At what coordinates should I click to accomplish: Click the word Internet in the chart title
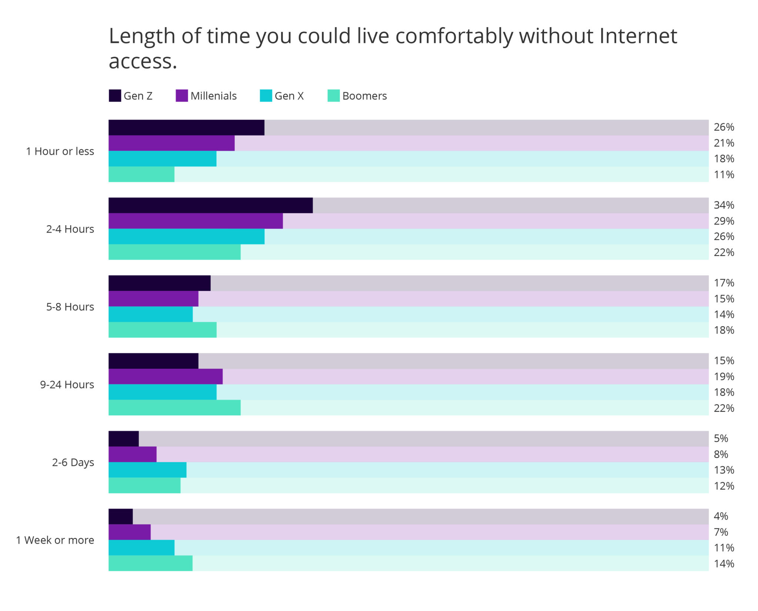click(638, 36)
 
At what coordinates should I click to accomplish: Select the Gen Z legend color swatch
click(115, 96)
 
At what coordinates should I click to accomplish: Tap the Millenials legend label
click(213, 96)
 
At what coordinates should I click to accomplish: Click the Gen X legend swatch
click(266, 96)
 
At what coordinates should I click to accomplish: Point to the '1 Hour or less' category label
click(60, 151)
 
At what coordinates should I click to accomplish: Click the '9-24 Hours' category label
click(67, 384)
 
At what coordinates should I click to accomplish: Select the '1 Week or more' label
click(55, 540)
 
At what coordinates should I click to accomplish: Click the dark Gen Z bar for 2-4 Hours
click(210, 205)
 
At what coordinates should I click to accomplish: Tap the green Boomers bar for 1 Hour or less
click(141, 174)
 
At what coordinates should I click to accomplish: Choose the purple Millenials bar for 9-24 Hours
click(165, 376)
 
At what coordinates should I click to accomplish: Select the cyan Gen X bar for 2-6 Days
click(147, 470)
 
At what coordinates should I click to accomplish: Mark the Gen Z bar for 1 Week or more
click(121, 516)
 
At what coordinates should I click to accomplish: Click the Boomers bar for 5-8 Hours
click(162, 330)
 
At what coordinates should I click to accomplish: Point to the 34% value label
click(724, 205)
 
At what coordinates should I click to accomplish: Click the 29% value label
click(724, 221)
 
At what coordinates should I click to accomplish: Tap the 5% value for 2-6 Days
click(721, 438)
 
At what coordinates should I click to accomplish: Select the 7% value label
click(721, 532)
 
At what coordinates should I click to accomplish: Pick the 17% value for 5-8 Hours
click(724, 283)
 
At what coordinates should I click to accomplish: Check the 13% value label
click(724, 470)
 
